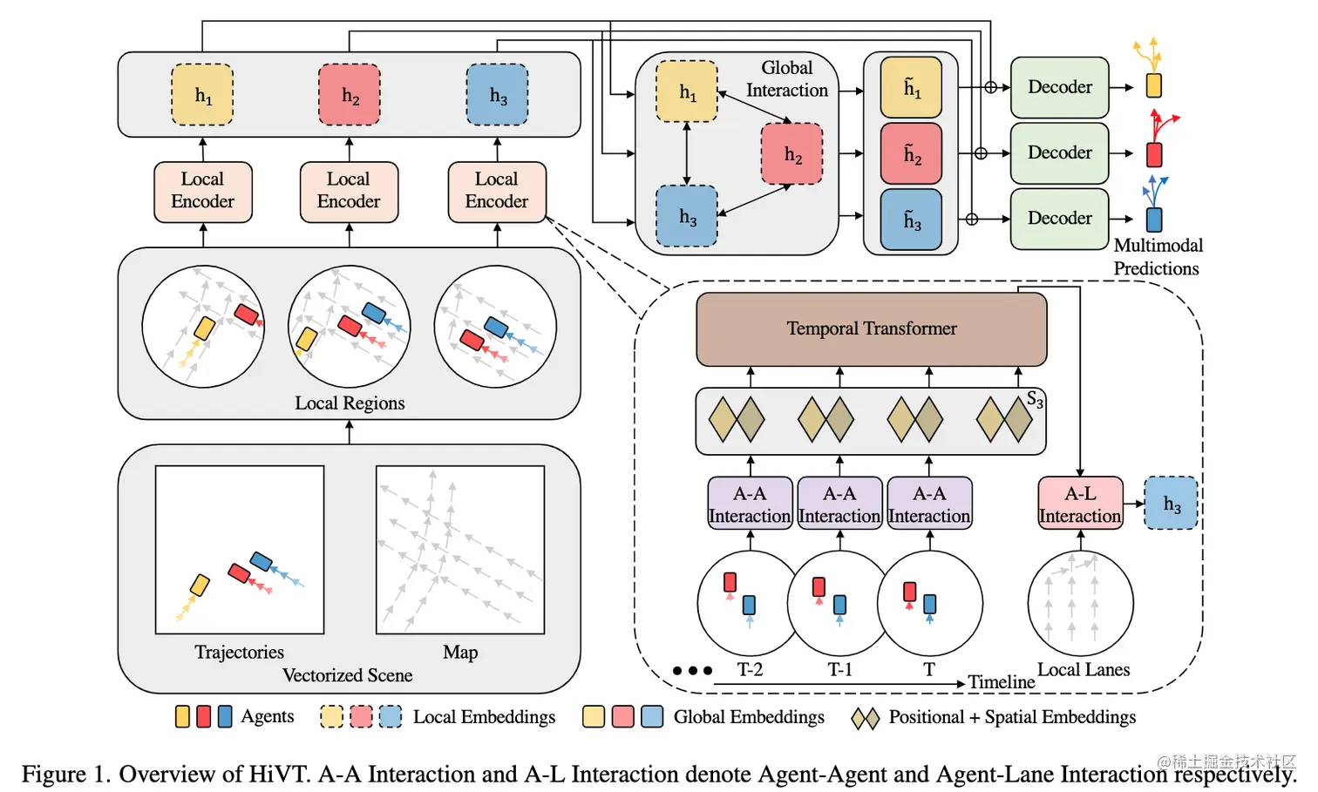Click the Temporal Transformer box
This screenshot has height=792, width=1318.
(x=871, y=328)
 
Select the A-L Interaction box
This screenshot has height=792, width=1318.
(x=1080, y=504)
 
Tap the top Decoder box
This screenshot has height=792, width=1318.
(x=1059, y=87)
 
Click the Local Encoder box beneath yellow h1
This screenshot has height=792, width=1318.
(x=202, y=191)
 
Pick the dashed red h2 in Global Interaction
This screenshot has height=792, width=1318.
(x=791, y=154)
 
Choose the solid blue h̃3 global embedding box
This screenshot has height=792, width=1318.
(x=911, y=220)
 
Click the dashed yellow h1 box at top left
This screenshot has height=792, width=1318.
(x=202, y=95)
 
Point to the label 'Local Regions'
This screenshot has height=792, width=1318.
(x=350, y=403)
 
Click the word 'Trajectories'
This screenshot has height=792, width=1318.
(x=239, y=653)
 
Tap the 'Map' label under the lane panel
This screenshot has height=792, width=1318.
(x=460, y=653)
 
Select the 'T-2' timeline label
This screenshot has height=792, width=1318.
(x=750, y=670)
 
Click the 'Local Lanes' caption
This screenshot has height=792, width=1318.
(x=1083, y=670)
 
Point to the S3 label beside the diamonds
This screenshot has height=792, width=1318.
(x=1035, y=400)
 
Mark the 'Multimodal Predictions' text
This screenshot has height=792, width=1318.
(x=1157, y=257)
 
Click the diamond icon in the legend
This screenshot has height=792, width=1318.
(x=865, y=718)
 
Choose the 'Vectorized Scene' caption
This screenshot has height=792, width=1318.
(x=347, y=676)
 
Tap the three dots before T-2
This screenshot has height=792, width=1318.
(x=692, y=671)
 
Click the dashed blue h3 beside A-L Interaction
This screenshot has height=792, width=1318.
(x=1171, y=504)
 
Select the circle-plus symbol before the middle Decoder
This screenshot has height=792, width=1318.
(x=981, y=153)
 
